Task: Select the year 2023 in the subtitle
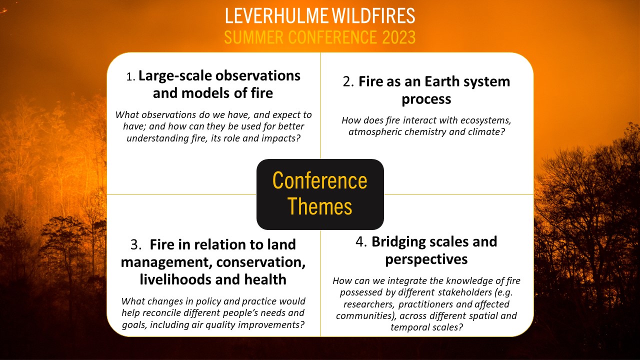(398, 37)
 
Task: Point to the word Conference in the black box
(319, 180)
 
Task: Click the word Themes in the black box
(319, 206)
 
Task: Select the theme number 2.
(348, 82)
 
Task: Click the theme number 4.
(361, 241)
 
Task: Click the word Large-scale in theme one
(175, 76)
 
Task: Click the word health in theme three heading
(265, 279)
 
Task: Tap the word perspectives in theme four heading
(426, 259)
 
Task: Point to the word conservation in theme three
(259, 262)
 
